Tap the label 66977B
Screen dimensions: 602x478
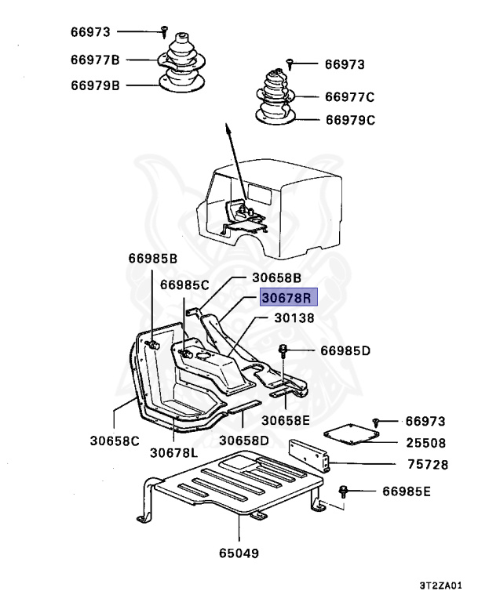click(94, 59)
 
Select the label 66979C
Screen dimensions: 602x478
click(350, 121)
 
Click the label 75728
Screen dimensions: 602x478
click(428, 465)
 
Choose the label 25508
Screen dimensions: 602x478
click(428, 442)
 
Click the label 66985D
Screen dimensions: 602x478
click(345, 351)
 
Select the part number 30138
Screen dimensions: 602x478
click(294, 318)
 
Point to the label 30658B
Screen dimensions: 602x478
click(277, 277)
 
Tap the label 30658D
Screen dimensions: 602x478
click(244, 440)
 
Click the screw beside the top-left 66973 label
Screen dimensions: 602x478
click(164, 31)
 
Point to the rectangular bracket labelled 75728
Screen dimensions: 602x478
click(310, 455)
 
